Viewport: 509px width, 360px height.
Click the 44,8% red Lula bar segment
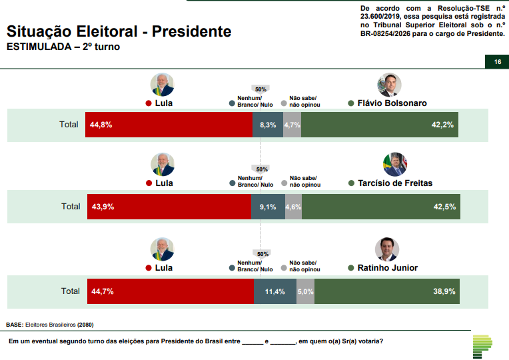[x=169, y=125]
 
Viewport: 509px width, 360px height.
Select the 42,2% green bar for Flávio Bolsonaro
[x=380, y=125]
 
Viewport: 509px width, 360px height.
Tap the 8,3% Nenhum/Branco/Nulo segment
[x=268, y=125]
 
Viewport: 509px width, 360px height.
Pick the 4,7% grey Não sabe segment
[x=292, y=125]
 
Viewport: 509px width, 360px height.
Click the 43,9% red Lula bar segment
[x=169, y=207]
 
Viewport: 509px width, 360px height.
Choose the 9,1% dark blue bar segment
[x=268, y=207]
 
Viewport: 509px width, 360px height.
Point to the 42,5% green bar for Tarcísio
[x=380, y=207]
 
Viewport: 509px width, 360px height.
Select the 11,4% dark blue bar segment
[x=275, y=291]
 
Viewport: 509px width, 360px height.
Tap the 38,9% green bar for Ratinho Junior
[x=386, y=291]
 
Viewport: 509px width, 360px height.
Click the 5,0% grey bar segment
[x=305, y=291]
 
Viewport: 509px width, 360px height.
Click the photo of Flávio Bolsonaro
[x=388, y=85]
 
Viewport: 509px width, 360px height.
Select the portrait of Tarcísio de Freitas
[x=395, y=164]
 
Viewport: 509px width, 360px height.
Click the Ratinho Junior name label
[x=387, y=268]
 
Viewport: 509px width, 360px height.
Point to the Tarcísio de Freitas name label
[x=394, y=183]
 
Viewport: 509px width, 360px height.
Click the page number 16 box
[x=496, y=62]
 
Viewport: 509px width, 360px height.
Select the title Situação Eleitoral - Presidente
[x=119, y=31]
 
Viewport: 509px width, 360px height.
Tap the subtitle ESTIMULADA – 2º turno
[x=63, y=47]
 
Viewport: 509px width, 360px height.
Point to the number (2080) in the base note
[x=85, y=325]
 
